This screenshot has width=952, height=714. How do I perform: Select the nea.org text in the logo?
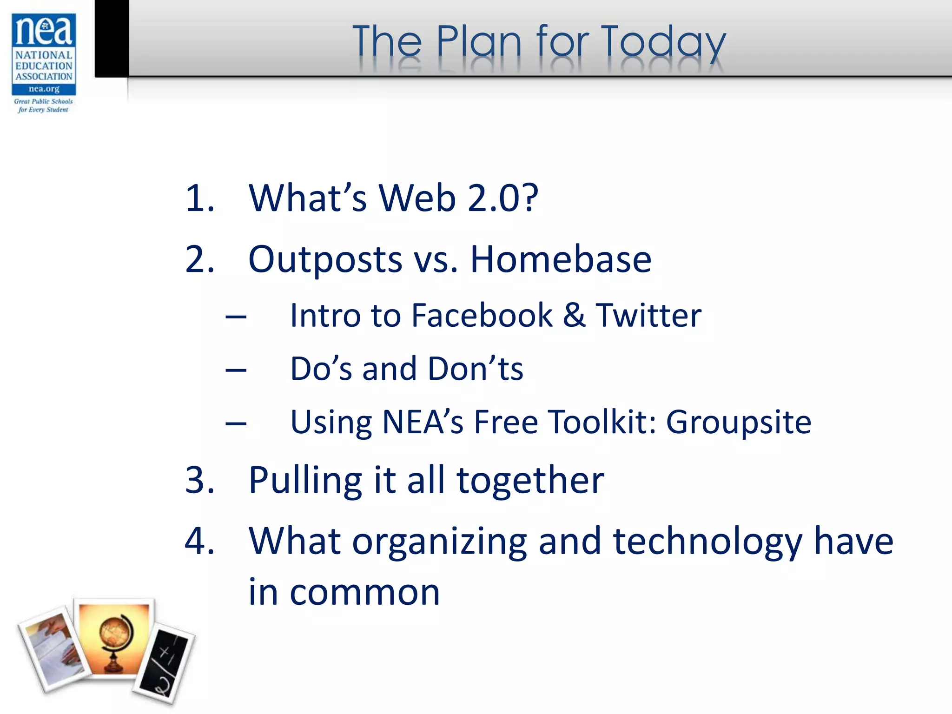pos(44,89)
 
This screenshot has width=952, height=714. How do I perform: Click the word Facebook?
pos(482,316)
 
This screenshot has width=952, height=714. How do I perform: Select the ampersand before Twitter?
pos(574,316)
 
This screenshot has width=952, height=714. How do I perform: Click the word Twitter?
pos(648,316)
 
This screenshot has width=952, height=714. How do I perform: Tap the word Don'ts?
pos(475,369)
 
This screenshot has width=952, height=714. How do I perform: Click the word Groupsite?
pos(739,423)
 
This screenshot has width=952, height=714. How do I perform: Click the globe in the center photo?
pos(115,639)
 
